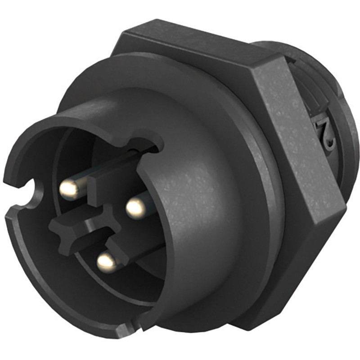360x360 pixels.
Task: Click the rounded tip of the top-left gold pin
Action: point(68,190)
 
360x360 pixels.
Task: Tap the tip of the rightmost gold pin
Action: point(135,207)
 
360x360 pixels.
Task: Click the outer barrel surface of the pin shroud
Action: point(193,180)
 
